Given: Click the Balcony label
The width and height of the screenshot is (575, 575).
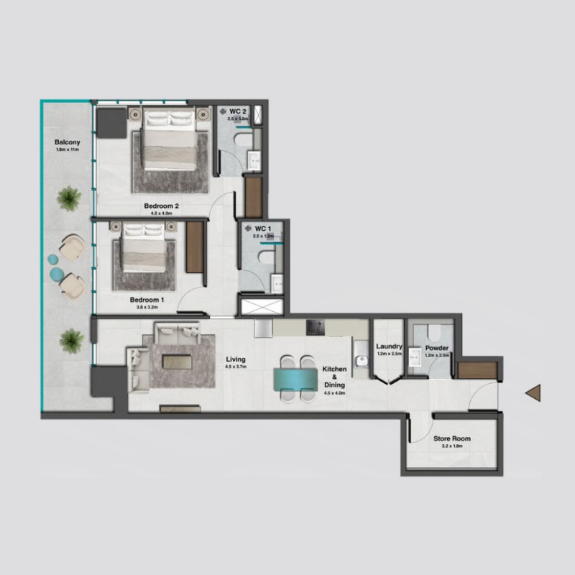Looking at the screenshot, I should tap(66, 142).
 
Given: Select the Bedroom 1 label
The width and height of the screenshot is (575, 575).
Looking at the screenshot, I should tap(147, 299).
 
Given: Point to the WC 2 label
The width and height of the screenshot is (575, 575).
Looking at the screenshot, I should tap(239, 111).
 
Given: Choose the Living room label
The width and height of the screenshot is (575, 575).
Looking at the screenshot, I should tap(235, 359).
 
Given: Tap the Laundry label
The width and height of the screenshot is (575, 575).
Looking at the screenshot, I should tap(390, 346).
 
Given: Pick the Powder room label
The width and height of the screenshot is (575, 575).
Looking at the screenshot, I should tap(437, 347).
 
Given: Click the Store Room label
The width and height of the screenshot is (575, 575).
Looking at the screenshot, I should tap(452, 438).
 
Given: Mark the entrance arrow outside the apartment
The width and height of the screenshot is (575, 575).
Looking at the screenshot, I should tap(533, 392).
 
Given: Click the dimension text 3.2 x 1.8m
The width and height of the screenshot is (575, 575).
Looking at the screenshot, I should tap(452, 446).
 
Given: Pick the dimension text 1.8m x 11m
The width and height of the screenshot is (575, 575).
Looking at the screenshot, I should tap(66, 150).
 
